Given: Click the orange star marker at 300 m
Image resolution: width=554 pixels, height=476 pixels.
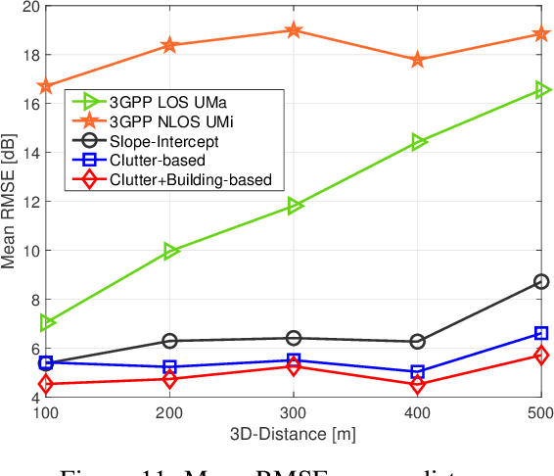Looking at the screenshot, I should (294, 30).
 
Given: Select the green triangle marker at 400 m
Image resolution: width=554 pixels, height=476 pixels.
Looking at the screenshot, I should (418, 142).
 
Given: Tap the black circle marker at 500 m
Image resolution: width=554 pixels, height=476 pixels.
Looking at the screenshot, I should (541, 281).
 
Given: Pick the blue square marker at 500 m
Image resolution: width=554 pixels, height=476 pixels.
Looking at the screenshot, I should (541, 333).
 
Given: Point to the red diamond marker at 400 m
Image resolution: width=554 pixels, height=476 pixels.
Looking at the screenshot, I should (418, 385).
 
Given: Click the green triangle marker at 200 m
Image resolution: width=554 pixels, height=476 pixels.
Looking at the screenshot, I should (170, 251).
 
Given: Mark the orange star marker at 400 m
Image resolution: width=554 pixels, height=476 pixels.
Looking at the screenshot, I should (418, 60).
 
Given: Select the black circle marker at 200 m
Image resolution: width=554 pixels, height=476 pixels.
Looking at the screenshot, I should (170, 341).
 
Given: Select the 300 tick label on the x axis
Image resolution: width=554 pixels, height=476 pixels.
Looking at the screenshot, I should (294, 412).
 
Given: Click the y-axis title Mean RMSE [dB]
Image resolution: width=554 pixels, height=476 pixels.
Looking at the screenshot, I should (9, 201).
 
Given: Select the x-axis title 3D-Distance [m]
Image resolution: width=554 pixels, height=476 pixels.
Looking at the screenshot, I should (294, 433).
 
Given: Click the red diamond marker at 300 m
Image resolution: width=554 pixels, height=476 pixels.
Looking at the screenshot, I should (294, 365).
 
